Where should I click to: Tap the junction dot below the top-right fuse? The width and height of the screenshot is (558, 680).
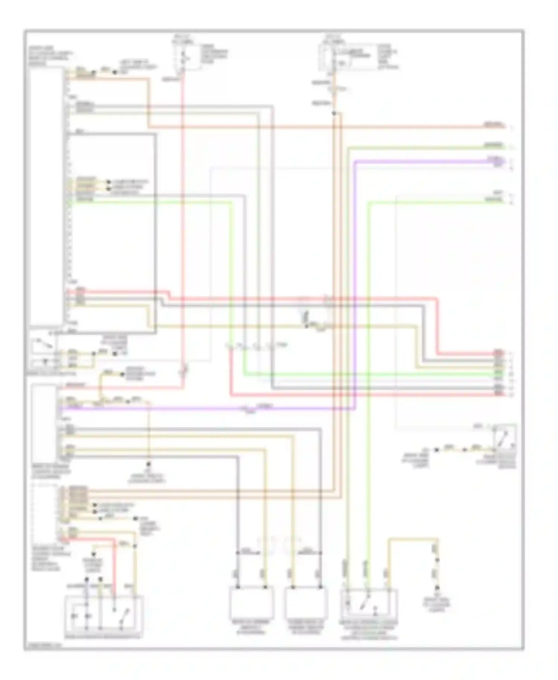[x=334, y=113]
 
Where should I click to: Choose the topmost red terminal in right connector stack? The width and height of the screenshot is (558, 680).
[x=498, y=352]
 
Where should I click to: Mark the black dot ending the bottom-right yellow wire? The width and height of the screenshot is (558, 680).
[x=437, y=588]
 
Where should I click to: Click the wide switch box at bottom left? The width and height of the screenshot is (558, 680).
[x=104, y=612]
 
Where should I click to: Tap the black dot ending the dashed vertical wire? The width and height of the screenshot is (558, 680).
[x=148, y=464]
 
